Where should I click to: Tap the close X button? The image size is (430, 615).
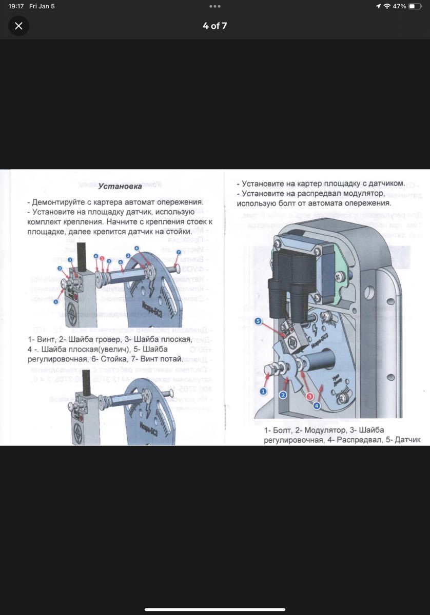[18, 26]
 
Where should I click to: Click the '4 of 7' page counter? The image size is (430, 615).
[214, 26]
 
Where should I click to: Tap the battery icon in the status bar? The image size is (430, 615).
[415, 6]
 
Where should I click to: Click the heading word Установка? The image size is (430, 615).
[120, 186]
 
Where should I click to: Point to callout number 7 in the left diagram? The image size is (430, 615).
[179, 253]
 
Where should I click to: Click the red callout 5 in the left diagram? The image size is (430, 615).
[102, 259]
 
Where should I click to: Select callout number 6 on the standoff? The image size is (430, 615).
[121, 262]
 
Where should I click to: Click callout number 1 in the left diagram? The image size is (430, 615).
[56, 302]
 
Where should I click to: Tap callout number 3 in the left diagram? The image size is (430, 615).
[70, 260]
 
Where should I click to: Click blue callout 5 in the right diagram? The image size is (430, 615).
[258, 321]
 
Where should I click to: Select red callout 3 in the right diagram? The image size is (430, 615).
[309, 397]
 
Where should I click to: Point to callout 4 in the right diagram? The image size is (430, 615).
[317, 406]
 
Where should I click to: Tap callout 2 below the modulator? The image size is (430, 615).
[283, 395]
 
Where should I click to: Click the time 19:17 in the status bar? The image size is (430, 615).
[16, 6]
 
